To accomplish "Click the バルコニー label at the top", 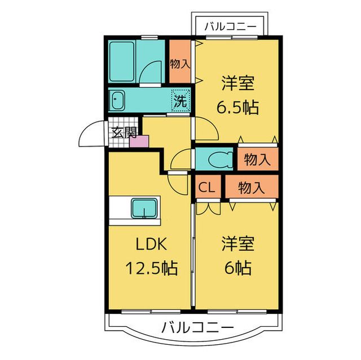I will point(230,25).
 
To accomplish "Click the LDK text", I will point(149,245).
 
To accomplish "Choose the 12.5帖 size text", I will point(149,268).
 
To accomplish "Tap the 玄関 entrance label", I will point(123,133).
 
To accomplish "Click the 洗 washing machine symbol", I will point(180,102).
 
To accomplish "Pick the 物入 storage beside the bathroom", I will point(180,63).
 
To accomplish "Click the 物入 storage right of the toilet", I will point(257,159).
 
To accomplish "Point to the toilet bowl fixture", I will point(217,159).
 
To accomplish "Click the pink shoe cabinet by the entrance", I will point(139,141).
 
